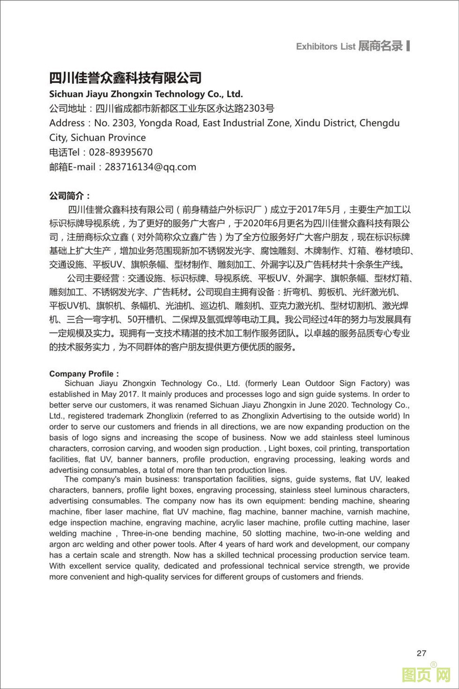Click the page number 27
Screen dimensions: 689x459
[421, 653]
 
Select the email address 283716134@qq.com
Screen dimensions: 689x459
[150, 167]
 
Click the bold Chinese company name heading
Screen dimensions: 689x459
[126, 78]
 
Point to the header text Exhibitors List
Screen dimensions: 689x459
[326, 46]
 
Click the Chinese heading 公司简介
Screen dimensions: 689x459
[70, 195]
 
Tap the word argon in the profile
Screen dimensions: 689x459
[60, 544]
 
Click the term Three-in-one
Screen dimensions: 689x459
[145, 533]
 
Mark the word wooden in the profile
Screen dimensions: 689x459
[173, 448]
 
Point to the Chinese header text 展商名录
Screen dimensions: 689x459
[380, 46]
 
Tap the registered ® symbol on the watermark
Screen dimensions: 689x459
[434, 664]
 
